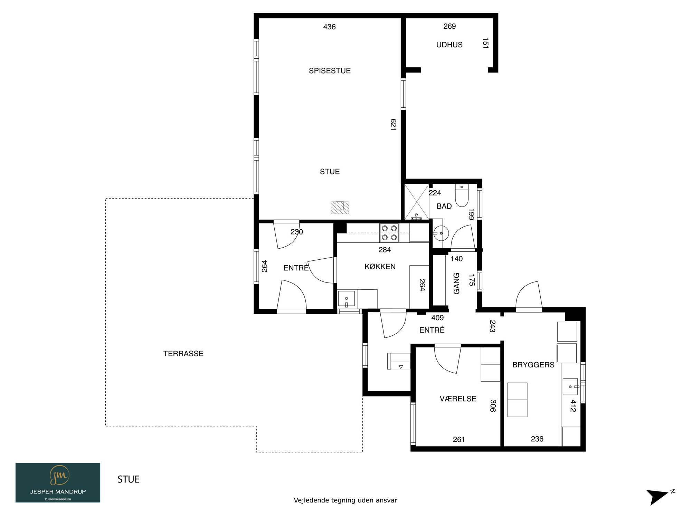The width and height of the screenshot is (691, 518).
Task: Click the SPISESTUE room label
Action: point(330,71)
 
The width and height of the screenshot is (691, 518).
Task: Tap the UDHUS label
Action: point(449,45)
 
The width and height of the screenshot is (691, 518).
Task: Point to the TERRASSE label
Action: point(183,354)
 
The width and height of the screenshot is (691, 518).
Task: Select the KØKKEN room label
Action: point(380,267)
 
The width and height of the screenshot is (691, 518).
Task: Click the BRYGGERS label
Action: point(533,365)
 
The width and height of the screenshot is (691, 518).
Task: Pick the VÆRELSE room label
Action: point(458,399)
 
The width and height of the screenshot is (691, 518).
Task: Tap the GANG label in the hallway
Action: point(457,284)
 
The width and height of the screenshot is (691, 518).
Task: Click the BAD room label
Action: point(444,206)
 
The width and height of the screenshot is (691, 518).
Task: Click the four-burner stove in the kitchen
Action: point(389,233)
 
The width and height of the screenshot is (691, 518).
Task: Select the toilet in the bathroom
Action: point(462,195)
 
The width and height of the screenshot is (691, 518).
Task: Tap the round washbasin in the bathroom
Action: point(441,233)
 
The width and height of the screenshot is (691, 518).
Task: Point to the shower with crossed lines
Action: point(417,202)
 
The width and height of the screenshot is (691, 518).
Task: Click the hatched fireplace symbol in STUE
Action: point(340,208)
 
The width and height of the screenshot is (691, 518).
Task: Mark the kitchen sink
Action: point(346,299)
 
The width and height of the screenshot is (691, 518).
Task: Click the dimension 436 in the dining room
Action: point(329,27)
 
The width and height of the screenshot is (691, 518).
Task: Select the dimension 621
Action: point(393,124)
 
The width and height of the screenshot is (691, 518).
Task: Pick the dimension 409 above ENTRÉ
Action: point(437,318)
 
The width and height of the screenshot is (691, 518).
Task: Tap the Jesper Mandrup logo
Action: point(58,482)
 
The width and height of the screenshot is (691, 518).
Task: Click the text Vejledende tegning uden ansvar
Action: point(345,500)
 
